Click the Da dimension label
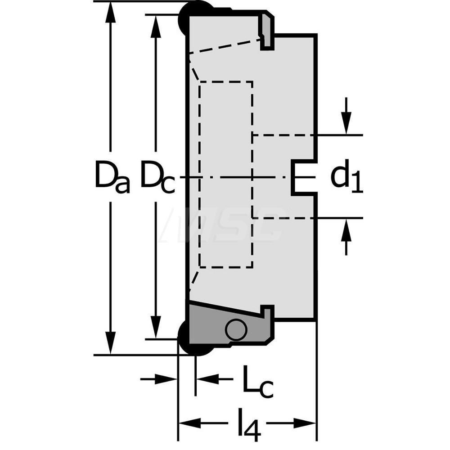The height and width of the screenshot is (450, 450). click(112, 175)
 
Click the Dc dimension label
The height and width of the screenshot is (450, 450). click(157, 175)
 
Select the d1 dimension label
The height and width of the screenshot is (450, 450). click(346, 175)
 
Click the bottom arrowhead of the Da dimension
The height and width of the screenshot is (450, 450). click(110, 343)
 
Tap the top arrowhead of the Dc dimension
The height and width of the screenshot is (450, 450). click(156, 26)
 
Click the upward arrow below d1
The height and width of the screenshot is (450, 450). click(346, 237)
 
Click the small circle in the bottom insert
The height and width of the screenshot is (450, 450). click(236, 330)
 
